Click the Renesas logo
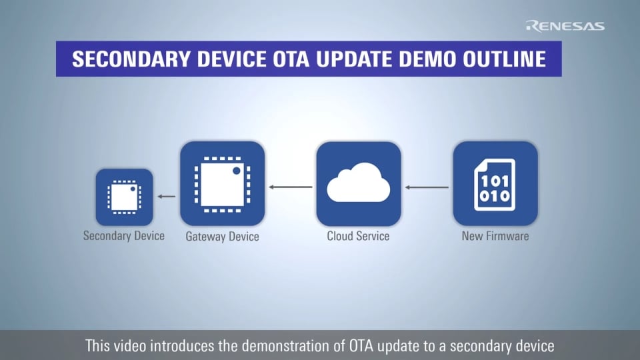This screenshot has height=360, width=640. tap(565, 26)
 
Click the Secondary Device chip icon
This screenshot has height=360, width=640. tap(124, 197)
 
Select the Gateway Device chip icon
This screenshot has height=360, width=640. tap(222, 183)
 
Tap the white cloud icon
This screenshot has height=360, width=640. tap(358, 183)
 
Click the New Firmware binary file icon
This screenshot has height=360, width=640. tap(495, 183)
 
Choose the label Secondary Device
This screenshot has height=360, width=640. tap(124, 235)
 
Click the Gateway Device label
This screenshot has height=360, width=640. tap(222, 237)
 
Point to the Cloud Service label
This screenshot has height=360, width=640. tap(358, 236)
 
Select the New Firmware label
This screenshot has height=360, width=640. tap(495, 236)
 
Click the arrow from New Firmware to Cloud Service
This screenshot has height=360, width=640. tap(427, 187)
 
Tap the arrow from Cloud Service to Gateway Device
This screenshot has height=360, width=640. tap(291, 187)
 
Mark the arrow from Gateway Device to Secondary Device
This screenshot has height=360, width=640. tap(167, 197)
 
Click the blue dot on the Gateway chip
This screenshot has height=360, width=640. tap(237, 171)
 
